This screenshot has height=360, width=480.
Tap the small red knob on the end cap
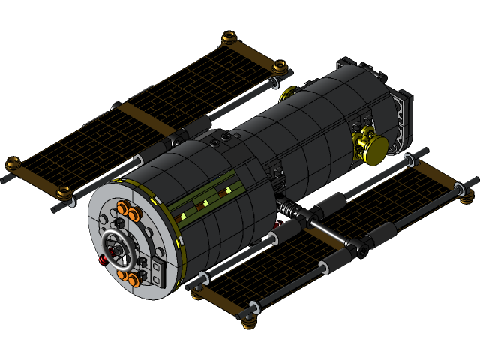102,260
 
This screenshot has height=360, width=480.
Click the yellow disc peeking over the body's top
289,93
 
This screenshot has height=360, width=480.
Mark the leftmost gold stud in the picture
13,163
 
